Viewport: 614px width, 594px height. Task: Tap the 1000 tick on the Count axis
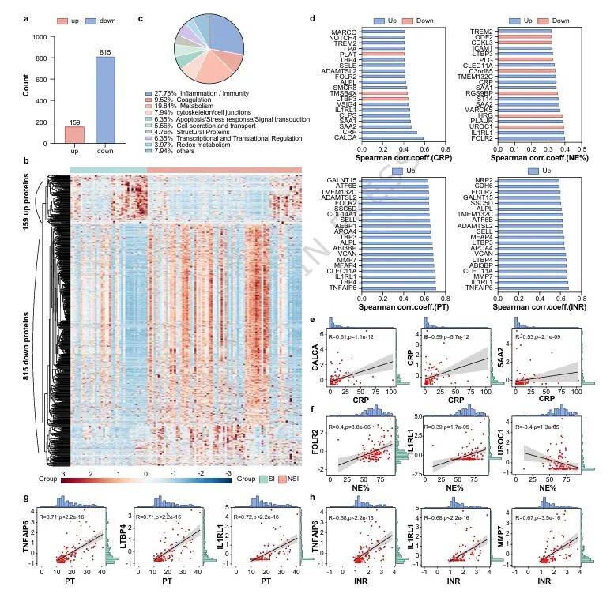pyautogui.click(x=37, y=36)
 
